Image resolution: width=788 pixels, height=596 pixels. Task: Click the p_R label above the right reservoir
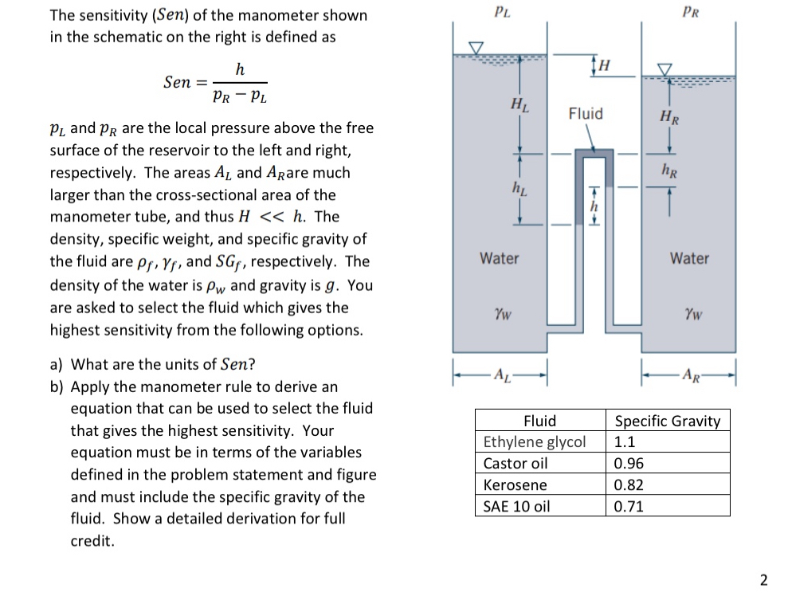click(x=690, y=11)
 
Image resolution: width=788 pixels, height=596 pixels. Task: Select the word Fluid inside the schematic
click(x=586, y=114)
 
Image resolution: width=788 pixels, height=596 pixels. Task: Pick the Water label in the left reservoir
click(x=500, y=258)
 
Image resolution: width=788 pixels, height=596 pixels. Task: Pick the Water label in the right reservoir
click(x=689, y=258)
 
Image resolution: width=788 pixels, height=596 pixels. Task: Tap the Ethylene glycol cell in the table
click(x=535, y=442)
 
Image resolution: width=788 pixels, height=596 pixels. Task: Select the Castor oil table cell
click(x=516, y=464)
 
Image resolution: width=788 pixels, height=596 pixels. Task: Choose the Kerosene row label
click(x=516, y=485)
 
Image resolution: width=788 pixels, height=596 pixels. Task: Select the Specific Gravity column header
click(x=668, y=421)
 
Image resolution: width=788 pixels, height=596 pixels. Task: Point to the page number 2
click(x=764, y=579)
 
